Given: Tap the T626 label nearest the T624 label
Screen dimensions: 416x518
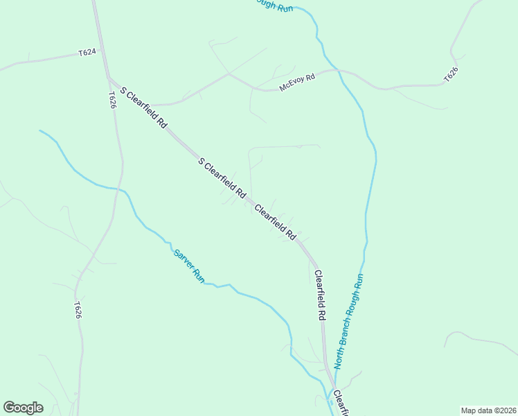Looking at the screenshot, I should tap(111, 99).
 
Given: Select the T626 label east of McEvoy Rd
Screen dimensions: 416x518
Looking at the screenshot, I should tap(452, 73).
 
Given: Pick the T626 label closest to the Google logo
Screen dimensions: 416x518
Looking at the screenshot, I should tap(78, 310).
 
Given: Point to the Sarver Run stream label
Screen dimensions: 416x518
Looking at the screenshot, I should tap(189, 266).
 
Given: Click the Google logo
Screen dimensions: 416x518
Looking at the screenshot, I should tap(23, 408).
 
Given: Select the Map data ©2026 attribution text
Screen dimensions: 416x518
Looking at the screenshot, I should tap(488, 410).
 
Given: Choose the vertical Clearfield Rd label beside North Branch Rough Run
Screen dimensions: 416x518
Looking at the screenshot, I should tap(320, 295).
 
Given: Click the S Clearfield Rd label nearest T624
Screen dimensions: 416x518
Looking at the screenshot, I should tap(144, 107).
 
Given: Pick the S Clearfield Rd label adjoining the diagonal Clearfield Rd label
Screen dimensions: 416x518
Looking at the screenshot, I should tap(222, 179).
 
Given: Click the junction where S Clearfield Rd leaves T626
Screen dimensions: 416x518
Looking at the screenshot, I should tap(109, 77).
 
